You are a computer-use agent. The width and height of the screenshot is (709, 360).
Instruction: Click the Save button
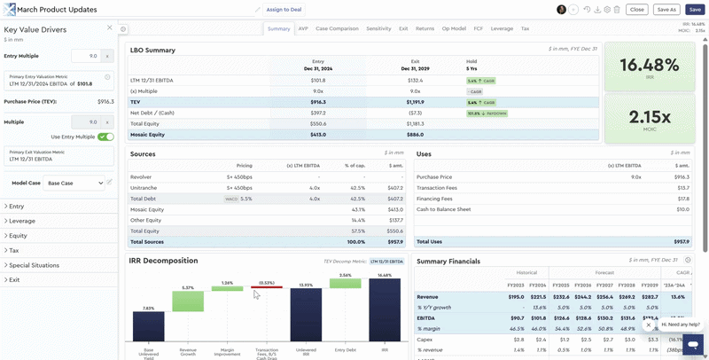pos(694,9)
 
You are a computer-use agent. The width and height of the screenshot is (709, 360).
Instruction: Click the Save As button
pos(666,9)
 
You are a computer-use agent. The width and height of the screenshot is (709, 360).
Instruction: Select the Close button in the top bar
pos(635,9)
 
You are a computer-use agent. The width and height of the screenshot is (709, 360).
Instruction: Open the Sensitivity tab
pos(378,28)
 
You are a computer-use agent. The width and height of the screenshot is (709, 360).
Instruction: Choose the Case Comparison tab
pos(337,28)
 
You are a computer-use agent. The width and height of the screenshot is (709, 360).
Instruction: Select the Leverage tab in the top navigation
pos(502,28)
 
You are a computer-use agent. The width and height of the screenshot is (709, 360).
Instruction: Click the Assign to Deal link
pos(284,9)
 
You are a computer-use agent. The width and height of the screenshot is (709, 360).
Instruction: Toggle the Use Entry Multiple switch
pos(105,137)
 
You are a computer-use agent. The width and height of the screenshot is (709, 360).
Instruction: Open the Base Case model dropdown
pos(73,183)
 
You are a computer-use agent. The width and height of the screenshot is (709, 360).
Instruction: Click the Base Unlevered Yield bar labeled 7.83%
pos(149,325)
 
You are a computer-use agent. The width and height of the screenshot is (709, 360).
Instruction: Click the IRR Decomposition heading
pos(164,261)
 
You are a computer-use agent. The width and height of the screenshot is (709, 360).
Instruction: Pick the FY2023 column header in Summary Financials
pos(515,286)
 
